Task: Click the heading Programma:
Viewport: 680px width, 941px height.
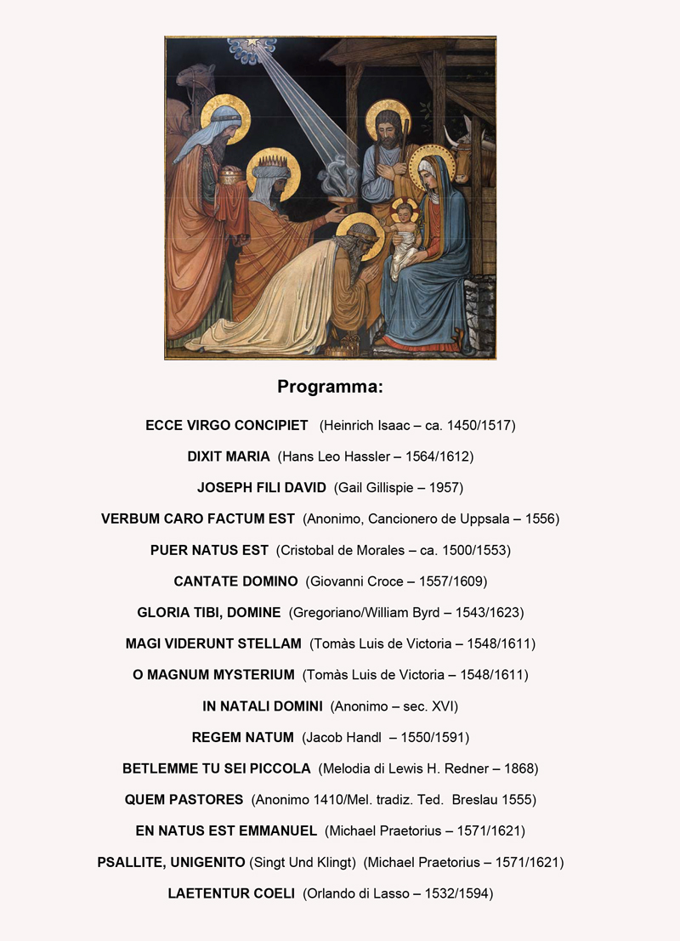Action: [330, 387]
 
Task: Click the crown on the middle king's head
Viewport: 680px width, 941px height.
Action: [273, 159]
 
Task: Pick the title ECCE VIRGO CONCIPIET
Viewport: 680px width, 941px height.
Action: [227, 425]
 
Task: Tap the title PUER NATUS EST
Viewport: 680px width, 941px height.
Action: [209, 550]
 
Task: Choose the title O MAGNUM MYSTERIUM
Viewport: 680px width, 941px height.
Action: [213, 675]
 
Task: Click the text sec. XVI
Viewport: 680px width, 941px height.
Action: [428, 706]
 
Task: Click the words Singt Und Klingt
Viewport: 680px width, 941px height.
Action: [303, 862]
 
